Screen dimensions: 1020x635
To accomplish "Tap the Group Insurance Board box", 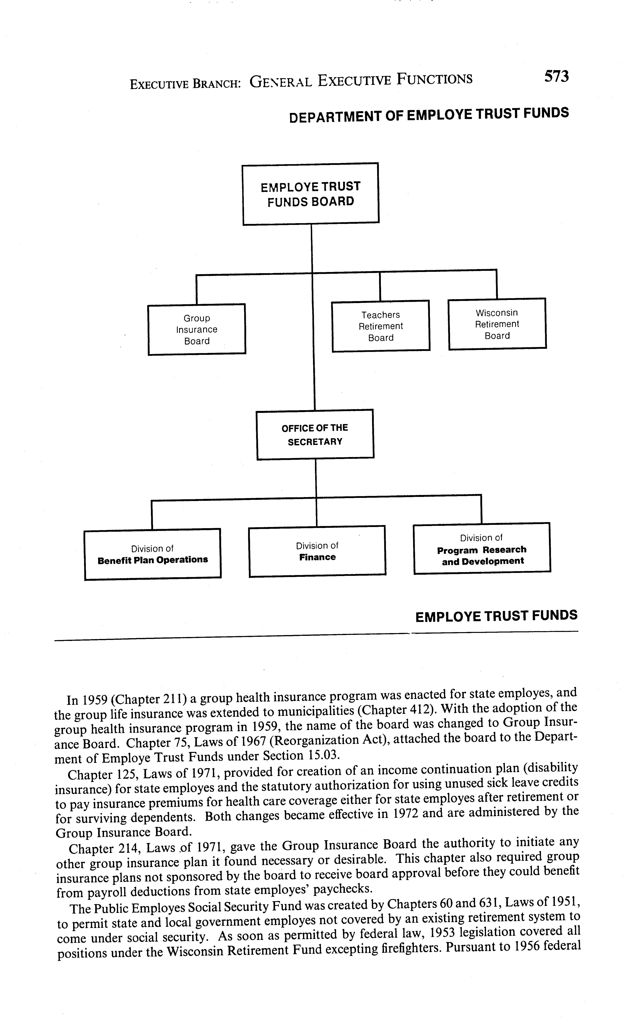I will click(196, 329).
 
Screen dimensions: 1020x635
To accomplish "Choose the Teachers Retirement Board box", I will click(380, 326).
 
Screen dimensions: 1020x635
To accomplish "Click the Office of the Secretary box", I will click(315, 434).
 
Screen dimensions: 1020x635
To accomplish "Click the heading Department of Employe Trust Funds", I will click(429, 115).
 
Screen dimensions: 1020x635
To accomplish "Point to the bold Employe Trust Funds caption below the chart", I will click(496, 616).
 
